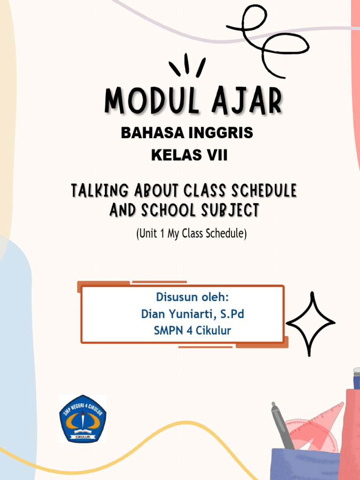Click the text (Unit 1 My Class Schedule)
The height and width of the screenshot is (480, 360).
(191, 233)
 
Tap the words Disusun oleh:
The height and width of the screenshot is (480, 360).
(192, 298)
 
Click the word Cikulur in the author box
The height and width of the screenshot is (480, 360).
(212, 330)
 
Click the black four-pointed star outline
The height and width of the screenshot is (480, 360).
(311, 323)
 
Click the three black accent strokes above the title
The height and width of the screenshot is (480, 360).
(187, 66)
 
